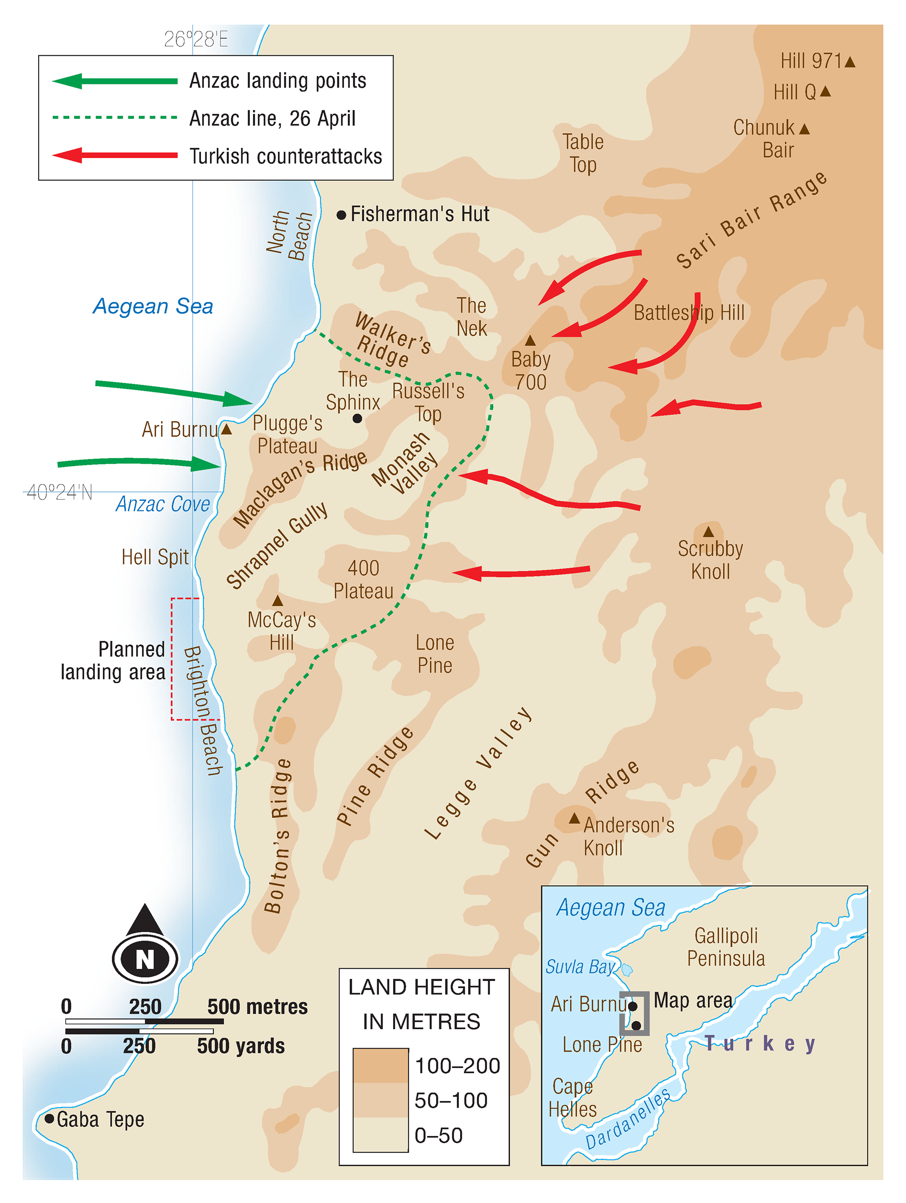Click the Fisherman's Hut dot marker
341,215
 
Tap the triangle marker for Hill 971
850,62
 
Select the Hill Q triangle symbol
825,92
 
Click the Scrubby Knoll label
710,560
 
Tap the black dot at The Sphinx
357,418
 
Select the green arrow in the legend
115,81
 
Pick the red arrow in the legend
115,155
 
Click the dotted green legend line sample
115,118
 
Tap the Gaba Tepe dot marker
49,1118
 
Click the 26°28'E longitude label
196,39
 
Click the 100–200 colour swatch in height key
380,1066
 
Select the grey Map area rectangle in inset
634,1013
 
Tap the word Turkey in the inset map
760,1043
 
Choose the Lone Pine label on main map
434,654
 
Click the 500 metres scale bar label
257,1007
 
